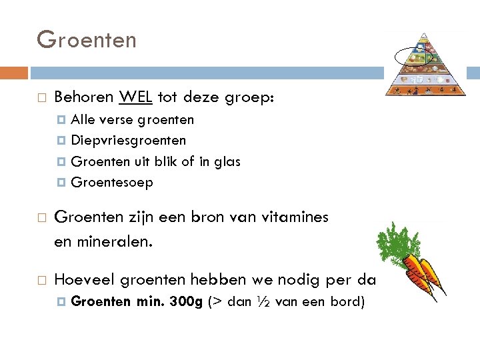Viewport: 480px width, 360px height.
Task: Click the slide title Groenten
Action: [x=87, y=40]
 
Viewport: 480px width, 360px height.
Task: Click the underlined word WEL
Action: [x=136, y=97]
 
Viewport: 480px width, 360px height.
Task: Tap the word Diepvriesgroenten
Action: [x=129, y=141]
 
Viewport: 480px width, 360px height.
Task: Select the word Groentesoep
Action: [x=112, y=182]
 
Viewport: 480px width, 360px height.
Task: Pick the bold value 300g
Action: [x=187, y=301]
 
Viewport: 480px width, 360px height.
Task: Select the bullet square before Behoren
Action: [x=41, y=98]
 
